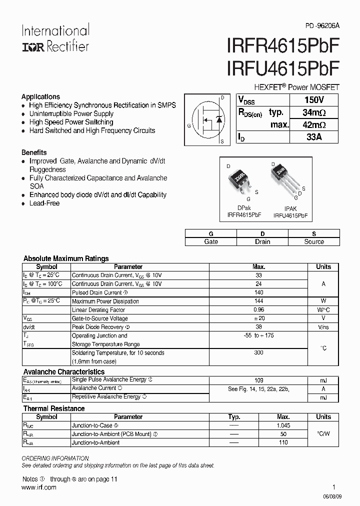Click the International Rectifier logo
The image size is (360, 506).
tap(55, 38)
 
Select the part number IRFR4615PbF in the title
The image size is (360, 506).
tap(283, 46)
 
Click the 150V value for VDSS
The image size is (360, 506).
tap(313, 99)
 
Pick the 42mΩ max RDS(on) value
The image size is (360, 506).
tap(313, 125)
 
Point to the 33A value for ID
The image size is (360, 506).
tap(313, 136)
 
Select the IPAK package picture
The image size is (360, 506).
tap(283, 180)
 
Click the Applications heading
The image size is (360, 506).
tap(40, 96)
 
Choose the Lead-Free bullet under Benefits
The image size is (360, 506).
tap(44, 203)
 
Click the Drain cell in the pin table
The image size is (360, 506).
tap(262, 241)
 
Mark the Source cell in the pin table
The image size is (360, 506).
tap(314, 241)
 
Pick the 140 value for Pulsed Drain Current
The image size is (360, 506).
tap(259, 292)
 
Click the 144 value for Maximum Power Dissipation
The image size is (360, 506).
tap(259, 301)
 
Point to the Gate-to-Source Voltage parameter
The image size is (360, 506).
tap(99, 318)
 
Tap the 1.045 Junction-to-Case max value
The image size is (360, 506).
tap(283, 425)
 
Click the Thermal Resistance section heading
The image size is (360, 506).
tap(54, 408)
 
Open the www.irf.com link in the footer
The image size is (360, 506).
tap(39, 487)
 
